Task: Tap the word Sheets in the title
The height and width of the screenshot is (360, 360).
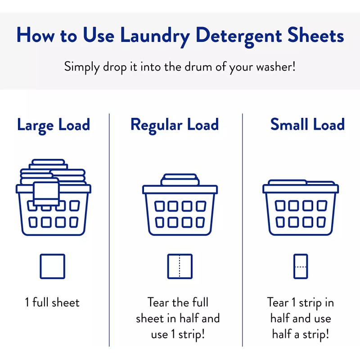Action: [318, 36]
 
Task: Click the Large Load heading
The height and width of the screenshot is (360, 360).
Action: [54, 125]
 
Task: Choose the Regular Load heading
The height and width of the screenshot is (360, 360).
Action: [175, 125]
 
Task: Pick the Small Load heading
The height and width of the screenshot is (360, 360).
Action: [307, 125]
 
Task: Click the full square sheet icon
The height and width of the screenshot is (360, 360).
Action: [52, 266]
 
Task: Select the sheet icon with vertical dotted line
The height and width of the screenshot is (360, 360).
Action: [180, 266]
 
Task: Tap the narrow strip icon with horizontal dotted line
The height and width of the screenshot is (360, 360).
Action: [300, 266]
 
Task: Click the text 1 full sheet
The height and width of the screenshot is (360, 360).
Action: [53, 302]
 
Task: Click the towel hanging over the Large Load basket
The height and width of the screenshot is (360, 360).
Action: [46, 192]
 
